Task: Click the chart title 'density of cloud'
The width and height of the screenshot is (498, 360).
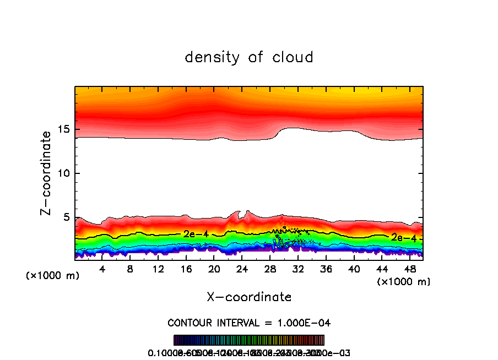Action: (249, 57)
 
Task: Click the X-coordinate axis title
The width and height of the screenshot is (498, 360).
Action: (249, 297)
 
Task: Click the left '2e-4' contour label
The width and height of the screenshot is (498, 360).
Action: (196, 234)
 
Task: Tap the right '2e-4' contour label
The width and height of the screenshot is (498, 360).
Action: (404, 237)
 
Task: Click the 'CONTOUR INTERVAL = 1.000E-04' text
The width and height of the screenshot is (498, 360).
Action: (249, 323)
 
